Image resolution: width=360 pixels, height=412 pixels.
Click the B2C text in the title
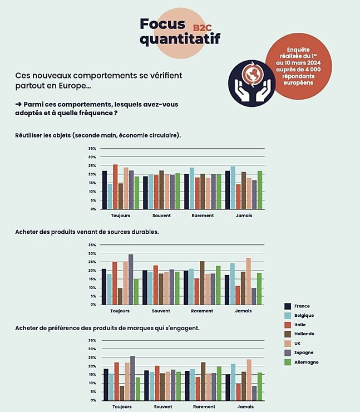point(202,28)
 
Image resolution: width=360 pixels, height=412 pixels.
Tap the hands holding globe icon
point(252,84)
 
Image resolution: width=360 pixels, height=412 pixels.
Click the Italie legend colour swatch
point(288,325)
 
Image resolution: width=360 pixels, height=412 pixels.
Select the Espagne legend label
point(304,352)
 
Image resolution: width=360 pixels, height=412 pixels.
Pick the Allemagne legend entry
point(302,362)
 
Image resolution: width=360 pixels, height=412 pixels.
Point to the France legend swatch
point(288,306)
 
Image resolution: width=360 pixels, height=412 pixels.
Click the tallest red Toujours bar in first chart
point(115,187)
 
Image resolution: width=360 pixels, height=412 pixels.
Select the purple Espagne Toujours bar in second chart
point(131,279)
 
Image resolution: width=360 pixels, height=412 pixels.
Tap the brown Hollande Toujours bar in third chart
point(122,393)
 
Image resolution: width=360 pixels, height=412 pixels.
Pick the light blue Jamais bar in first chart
point(233,188)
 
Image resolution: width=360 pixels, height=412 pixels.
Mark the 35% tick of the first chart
point(92,149)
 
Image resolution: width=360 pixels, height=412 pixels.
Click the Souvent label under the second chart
point(161,311)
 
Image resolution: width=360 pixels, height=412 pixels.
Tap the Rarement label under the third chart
point(204,407)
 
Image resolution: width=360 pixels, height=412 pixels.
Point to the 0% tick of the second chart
point(93,305)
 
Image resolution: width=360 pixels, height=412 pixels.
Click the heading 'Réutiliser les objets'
point(43,135)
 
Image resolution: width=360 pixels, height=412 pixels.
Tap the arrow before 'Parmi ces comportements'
point(18,104)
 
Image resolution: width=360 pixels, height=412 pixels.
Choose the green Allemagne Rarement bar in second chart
point(218,286)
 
